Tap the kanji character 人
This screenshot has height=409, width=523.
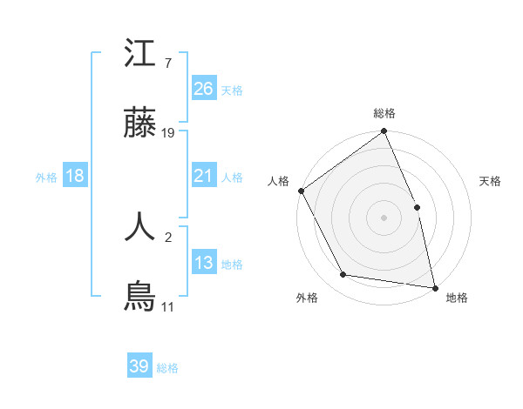(139, 225)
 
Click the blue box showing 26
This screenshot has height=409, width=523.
(204, 88)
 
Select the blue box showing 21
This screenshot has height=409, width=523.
(204, 176)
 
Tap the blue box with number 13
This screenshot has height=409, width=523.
(204, 263)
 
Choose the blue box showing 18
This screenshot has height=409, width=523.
(75, 176)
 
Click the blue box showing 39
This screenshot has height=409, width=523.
(139, 366)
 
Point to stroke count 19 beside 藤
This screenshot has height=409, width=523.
(169, 133)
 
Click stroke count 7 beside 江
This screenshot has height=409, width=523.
(167, 63)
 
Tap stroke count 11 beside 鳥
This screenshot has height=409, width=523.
(168, 307)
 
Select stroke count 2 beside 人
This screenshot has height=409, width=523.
(167, 235)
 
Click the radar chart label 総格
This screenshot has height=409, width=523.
(384, 113)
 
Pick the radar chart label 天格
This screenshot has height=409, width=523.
(491, 181)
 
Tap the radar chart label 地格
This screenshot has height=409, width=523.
(457, 298)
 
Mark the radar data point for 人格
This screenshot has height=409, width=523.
(301, 191)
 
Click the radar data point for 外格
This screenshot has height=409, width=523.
(343, 275)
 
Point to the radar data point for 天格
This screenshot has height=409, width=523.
(417, 207)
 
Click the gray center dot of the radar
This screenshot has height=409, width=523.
(384, 218)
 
